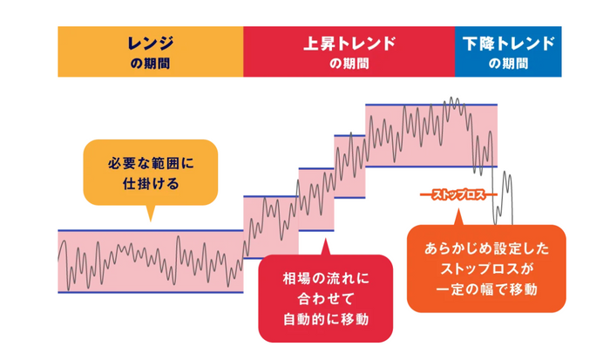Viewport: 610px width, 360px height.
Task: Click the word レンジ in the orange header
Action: [x=151, y=44]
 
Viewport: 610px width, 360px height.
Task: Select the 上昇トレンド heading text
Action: [x=349, y=44]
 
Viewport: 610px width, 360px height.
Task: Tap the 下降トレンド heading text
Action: [x=508, y=44]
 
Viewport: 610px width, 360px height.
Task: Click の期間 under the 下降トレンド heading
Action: [x=508, y=63]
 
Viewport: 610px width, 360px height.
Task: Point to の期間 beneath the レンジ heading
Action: [x=150, y=63]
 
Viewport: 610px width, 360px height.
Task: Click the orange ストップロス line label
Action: [x=458, y=194]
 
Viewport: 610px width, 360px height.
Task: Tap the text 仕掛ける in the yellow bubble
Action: [x=151, y=183]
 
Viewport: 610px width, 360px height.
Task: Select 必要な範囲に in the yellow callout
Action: [x=151, y=163]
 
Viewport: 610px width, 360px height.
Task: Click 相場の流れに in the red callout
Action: [x=326, y=278]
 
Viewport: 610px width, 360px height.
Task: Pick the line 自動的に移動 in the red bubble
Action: [x=326, y=319]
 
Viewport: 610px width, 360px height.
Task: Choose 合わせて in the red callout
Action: [x=326, y=299]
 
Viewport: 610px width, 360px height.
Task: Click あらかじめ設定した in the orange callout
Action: [x=486, y=248]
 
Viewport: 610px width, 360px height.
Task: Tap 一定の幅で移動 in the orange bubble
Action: [x=486, y=289]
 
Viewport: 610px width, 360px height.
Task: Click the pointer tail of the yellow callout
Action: [x=151, y=221]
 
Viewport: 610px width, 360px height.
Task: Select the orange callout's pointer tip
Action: [x=458, y=209]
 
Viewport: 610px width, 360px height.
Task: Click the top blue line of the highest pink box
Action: [x=431, y=105]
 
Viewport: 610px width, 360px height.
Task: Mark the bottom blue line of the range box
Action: [x=151, y=292]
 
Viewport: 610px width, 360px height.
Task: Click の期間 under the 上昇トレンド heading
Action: [x=349, y=63]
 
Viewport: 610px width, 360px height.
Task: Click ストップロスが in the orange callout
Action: [x=486, y=269]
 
